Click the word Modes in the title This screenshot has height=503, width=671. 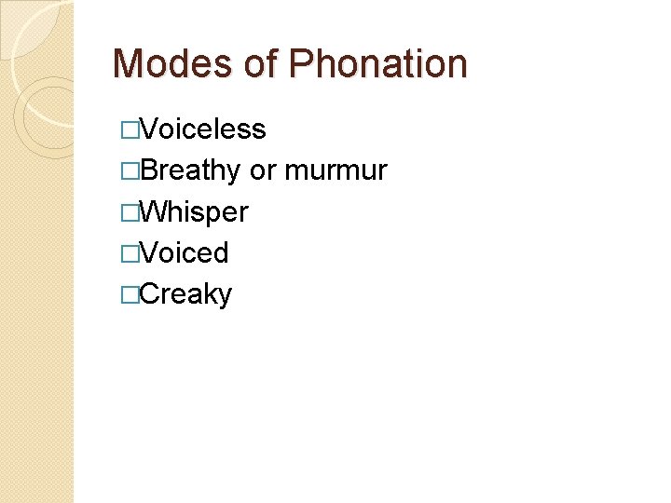pyautogui.click(x=169, y=64)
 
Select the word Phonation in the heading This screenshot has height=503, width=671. pyautogui.click(x=378, y=64)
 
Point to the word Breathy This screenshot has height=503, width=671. pyautogui.click(x=191, y=170)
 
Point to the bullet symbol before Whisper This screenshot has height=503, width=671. pyautogui.click(x=129, y=212)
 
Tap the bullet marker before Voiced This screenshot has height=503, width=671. pyautogui.click(x=129, y=253)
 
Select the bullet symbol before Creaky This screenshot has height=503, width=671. pyautogui.click(x=129, y=294)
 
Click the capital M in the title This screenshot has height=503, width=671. pyautogui.click(x=127, y=64)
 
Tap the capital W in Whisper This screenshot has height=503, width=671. pyautogui.click(x=154, y=212)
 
